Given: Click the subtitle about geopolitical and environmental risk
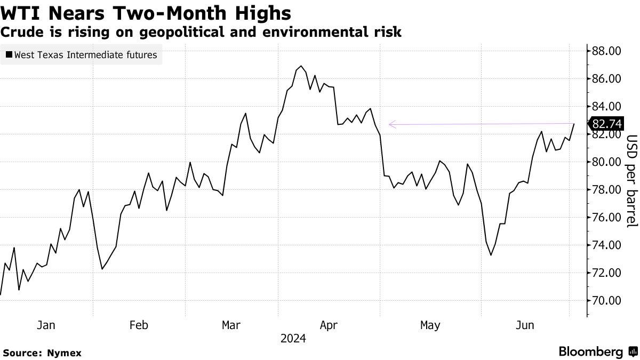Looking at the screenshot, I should click(201, 32).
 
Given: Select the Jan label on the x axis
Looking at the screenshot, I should click(46, 325).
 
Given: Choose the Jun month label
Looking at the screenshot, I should click(525, 325).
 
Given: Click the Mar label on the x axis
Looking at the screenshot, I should click(231, 325).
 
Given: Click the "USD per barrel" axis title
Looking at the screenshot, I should click(631, 181).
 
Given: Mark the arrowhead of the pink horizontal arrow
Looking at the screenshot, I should click(390, 125).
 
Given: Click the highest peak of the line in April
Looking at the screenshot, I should click(301, 66).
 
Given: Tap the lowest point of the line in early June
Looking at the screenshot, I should click(491, 255).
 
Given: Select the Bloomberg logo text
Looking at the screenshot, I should click(591, 352).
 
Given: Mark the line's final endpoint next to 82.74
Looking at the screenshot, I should click(574, 124).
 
